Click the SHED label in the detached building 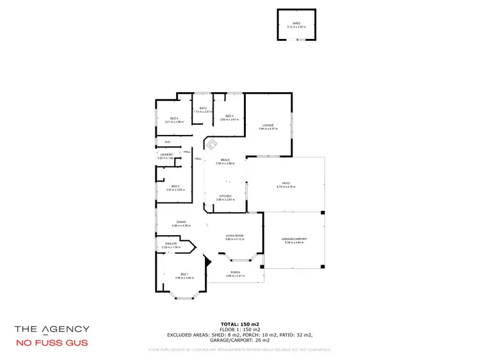coord(296,24)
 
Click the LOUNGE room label coord(268,125)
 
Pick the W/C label coord(167,142)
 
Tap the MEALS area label coord(225,160)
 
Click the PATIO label coord(285,184)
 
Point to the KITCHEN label coord(225,196)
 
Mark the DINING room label coord(182,222)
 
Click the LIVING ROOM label coord(234,236)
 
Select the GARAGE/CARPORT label coord(294,239)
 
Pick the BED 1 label coord(184,274)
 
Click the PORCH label coord(236,272)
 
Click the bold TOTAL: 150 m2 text coord(239,324)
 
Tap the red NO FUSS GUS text coord(52,343)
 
